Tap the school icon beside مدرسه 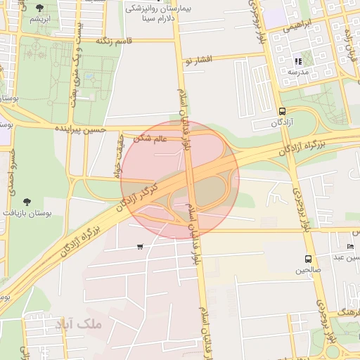[x=297, y=61]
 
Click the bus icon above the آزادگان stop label [x=282, y=111]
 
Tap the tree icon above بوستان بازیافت [x=27, y=202]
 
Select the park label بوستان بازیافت [x=27, y=212]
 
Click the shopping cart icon [x=141, y=246]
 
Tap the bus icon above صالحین [x=308, y=259]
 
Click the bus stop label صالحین [x=308, y=269]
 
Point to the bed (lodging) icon [x=351, y=246]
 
